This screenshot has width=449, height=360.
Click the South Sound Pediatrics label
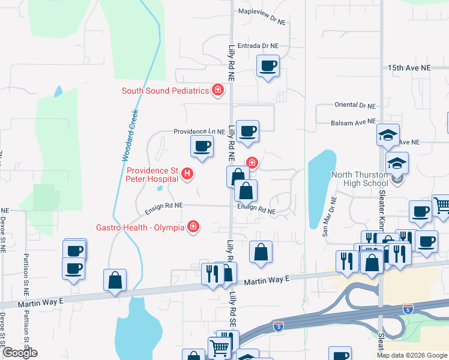(x=165, y=91)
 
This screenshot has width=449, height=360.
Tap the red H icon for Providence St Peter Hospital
(x=188, y=175)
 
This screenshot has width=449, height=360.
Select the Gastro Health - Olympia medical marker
(x=193, y=227)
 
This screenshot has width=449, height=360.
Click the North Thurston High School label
(x=360, y=179)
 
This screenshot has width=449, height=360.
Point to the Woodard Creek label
(x=130, y=136)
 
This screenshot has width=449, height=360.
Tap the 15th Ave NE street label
(x=409, y=68)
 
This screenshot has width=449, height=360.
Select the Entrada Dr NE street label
(x=259, y=46)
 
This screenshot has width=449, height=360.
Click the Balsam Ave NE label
(x=353, y=122)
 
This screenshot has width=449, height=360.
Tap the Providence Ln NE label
(x=194, y=131)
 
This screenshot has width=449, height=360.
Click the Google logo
(x=19, y=353)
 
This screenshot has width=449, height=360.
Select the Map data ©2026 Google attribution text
(x=412, y=355)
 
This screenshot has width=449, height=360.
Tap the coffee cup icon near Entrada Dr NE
(x=268, y=66)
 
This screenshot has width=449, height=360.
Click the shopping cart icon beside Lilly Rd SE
(x=219, y=347)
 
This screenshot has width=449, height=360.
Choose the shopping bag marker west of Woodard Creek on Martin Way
(x=115, y=280)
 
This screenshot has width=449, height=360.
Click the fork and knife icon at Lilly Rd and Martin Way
(x=212, y=274)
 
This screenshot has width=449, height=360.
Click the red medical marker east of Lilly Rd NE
(x=252, y=161)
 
